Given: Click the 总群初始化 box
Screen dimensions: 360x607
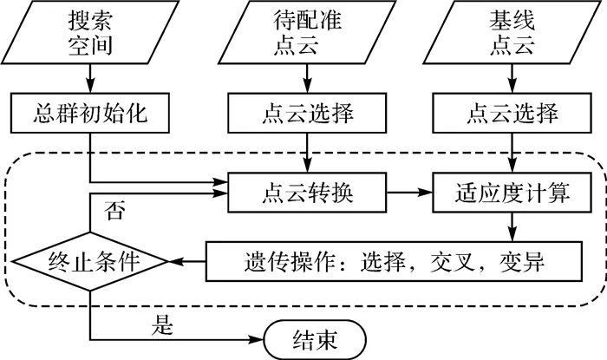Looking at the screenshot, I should [90, 114].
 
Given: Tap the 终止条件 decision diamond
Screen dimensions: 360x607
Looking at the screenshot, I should [90, 259].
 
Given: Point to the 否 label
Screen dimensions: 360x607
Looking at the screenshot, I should [113, 209].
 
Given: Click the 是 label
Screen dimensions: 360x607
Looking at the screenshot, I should [163, 325].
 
